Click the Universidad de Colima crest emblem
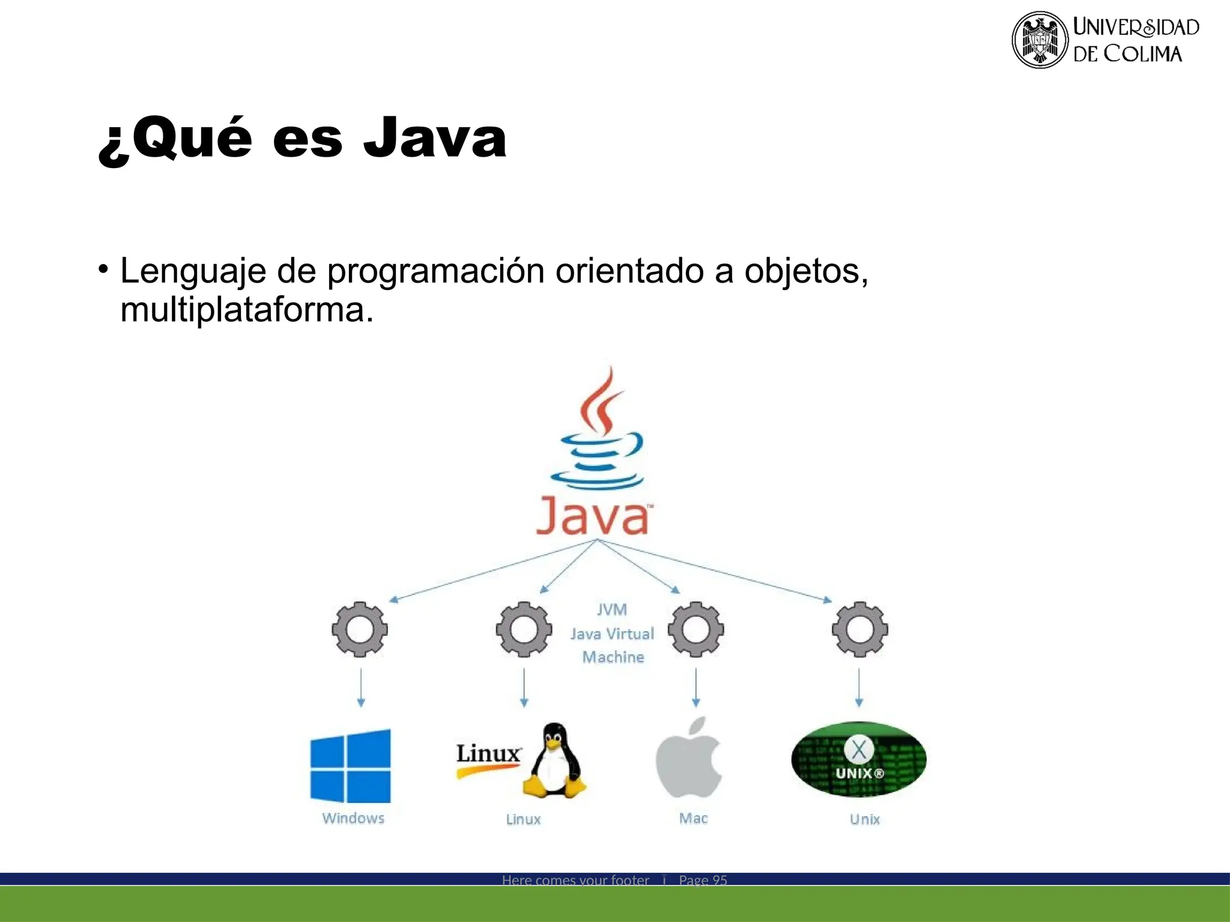[x=1040, y=40]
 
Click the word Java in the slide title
[x=435, y=138]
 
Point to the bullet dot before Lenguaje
[x=104, y=268]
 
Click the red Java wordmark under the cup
[x=592, y=516]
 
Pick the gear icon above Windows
[x=360, y=629]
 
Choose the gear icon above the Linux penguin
[x=524, y=629]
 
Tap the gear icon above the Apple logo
[x=695, y=629]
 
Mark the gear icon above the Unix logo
[x=859, y=629]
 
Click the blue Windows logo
[x=351, y=765]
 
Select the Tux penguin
[x=554, y=761]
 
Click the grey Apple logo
[x=689, y=759]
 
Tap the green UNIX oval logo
[x=859, y=759]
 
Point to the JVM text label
[x=612, y=610]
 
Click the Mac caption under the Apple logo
[x=693, y=818]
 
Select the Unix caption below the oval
[x=864, y=819]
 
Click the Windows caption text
[x=353, y=818]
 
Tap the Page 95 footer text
[x=703, y=880]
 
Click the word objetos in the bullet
[x=804, y=271]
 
